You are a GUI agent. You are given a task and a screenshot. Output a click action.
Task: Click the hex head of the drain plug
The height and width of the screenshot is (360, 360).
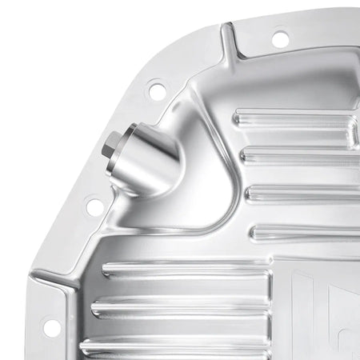point(111,147)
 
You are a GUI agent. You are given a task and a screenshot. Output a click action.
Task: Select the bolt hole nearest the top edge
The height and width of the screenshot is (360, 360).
point(279,38)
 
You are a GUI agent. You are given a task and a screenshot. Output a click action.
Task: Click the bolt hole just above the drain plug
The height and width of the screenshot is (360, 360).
point(157,91)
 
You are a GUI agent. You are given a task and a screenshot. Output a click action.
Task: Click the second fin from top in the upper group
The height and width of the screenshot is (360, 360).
point(300,155)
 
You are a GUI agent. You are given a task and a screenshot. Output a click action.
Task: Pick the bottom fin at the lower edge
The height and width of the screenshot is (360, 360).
point(180,346)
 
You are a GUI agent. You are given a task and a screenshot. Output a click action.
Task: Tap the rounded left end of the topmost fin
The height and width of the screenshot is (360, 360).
point(238,120)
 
